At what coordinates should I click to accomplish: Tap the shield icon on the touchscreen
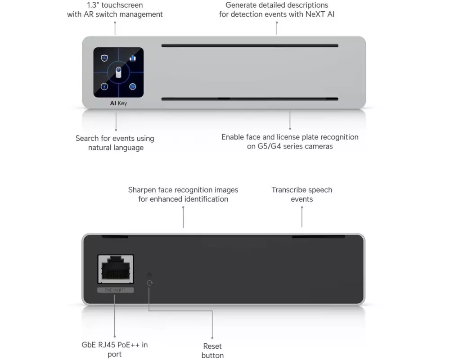pos(104,58)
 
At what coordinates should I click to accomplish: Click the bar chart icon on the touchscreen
pos(133,58)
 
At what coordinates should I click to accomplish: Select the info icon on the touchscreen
pos(104,86)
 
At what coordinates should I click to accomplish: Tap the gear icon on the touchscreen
pos(133,86)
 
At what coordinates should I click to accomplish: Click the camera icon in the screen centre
pos(118,72)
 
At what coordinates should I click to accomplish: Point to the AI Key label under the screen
pos(118,103)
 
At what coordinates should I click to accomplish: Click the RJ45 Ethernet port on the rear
pos(115,270)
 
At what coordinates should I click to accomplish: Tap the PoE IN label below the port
pos(115,290)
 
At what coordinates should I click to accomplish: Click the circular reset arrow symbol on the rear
pos(150,283)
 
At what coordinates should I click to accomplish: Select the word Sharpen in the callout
pos(144,190)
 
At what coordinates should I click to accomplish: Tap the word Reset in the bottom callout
pos(212,346)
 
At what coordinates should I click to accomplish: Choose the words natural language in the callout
pos(116,148)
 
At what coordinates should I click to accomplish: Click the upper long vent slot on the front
pos(250,45)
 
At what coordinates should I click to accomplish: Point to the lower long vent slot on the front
pos(250,99)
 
